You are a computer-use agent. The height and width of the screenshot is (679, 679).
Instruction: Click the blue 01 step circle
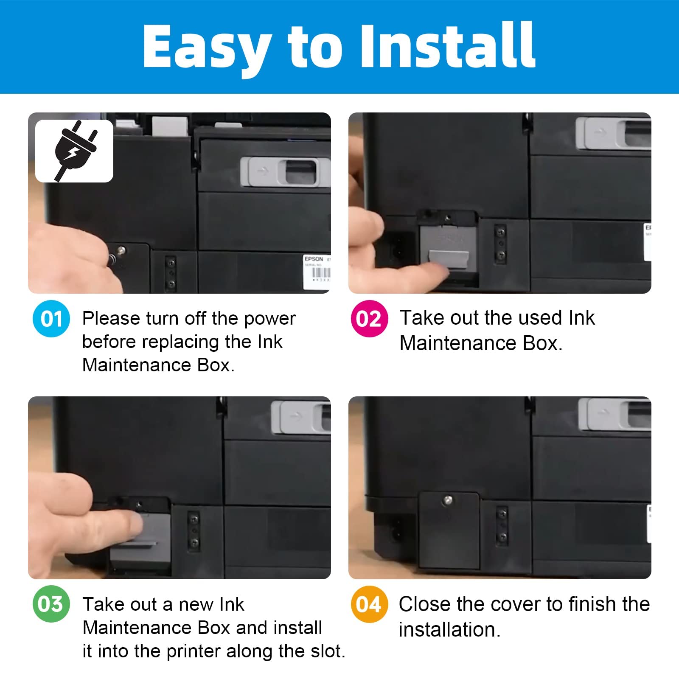(x=51, y=319)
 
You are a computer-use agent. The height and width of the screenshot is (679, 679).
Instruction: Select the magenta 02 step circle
(x=369, y=319)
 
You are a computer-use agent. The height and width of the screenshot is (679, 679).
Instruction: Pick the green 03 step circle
(x=51, y=604)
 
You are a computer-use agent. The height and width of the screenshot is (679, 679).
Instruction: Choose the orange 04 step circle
(x=369, y=604)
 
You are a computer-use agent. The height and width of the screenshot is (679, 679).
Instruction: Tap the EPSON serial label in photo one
(x=317, y=272)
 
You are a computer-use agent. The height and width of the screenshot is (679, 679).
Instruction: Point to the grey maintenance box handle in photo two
(x=449, y=259)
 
